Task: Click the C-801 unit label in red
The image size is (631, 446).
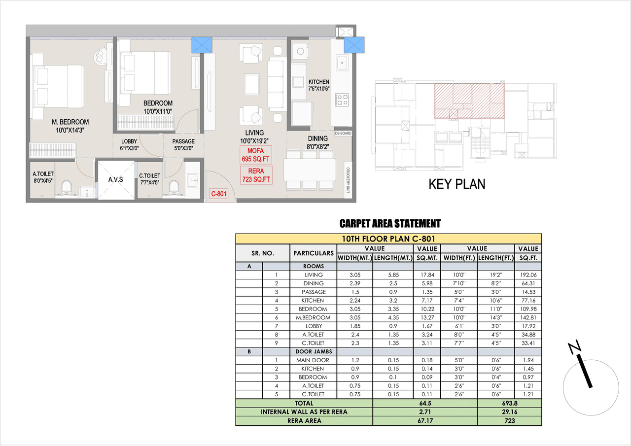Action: click(218, 194)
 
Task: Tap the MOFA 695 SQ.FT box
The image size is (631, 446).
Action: click(255, 155)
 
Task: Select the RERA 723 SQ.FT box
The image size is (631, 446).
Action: click(255, 175)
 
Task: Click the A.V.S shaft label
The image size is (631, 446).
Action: click(115, 179)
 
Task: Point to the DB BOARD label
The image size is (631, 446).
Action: click(343, 133)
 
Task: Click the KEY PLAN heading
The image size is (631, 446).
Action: click(456, 184)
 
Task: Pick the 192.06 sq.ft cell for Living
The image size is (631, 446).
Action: click(527, 274)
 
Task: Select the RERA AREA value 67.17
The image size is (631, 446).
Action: click(425, 421)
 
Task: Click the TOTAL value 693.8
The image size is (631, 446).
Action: click(509, 403)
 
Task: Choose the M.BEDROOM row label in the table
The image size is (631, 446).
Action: click(314, 317)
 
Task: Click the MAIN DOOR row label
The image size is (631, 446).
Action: click(313, 360)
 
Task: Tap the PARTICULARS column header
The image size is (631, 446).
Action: click(314, 253)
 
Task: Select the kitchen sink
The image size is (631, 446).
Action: click(342, 63)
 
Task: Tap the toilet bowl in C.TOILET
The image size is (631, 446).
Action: click(174, 187)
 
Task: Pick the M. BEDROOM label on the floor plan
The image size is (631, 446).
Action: click(70, 122)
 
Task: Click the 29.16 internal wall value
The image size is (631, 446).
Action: click(509, 412)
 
